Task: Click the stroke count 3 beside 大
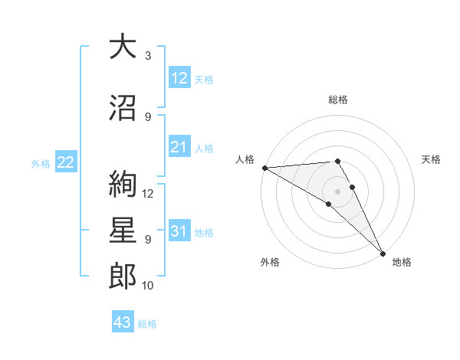pyautogui.click(x=147, y=56)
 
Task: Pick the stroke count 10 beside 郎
pyautogui.click(x=148, y=286)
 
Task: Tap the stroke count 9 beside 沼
pyautogui.click(x=147, y=116)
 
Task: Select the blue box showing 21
pyautogui.click(x=179, y=147)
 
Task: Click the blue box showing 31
pyautogui.click(x=179, y=231)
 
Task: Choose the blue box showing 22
pyautogui.click(x=66, y=162)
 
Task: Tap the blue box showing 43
pyautogui.click(x=122, y=322)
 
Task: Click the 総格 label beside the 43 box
pyautogui.click(x=147, y=324)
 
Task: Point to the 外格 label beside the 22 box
pyautogui.click(x=41, y=164)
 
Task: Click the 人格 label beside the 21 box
pyautogui.click(x=204, y=149)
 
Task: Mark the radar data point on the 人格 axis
pyautogui.click(x=264, y=168)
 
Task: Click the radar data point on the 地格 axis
pyautogui.click(x=383, y=253)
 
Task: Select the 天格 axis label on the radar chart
pyautogui.click(x=431, y=159)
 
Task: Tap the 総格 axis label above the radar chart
pyautogui.click(x=337, y=100)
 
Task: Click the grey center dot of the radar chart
pyautogui.click(x=337, y=190)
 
